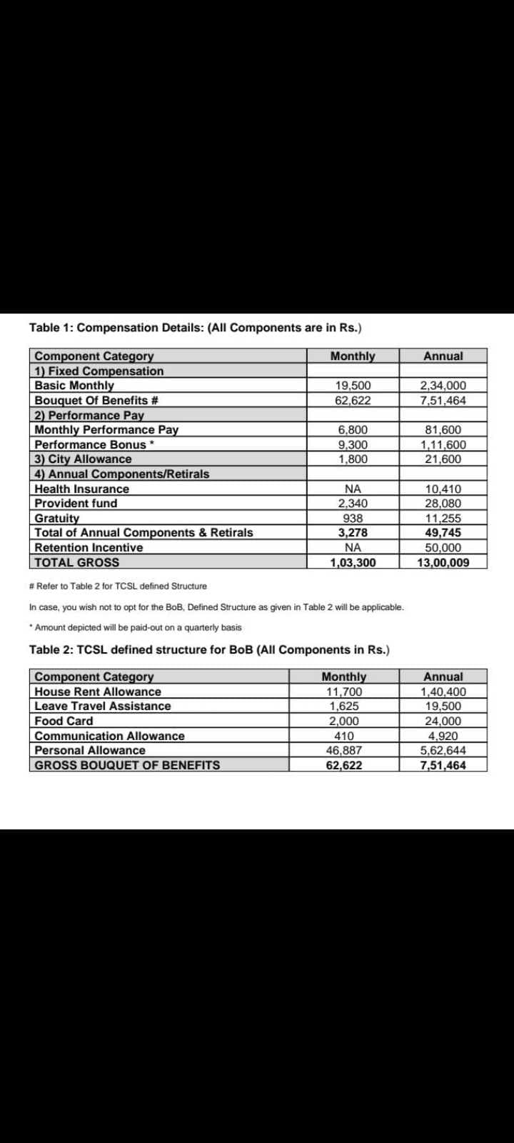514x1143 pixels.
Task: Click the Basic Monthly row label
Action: tap(74, 386)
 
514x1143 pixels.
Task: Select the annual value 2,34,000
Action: tap(443, 386)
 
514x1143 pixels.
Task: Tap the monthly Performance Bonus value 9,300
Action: tap(353, 444)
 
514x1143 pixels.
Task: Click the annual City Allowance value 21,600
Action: tap(443, 459)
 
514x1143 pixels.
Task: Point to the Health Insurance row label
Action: tap(82, 489)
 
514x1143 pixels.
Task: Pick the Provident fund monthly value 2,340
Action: tap(353, 504)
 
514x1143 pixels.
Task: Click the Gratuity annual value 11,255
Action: tap(443, 519)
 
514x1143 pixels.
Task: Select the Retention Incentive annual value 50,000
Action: tap(443, 548)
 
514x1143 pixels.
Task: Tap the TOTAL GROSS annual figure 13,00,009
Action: tap(443, 563)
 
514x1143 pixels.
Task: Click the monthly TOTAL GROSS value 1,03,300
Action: tap(353, 563)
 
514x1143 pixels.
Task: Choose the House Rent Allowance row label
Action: tap(98, 692)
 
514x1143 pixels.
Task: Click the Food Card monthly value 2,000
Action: tap(344, 722)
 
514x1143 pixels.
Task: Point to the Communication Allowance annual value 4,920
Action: tap(443, 736)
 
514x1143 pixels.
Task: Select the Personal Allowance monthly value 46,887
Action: tap(344, 751)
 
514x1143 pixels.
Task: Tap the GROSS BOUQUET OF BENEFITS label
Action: tap(127, 766)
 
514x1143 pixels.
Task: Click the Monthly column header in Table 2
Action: tap(344, 677)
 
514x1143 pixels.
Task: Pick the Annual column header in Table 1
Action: tap(443, 356)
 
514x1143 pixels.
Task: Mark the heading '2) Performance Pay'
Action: tap(89, 415)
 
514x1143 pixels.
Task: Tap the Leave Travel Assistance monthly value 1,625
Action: tap(344, 707)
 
